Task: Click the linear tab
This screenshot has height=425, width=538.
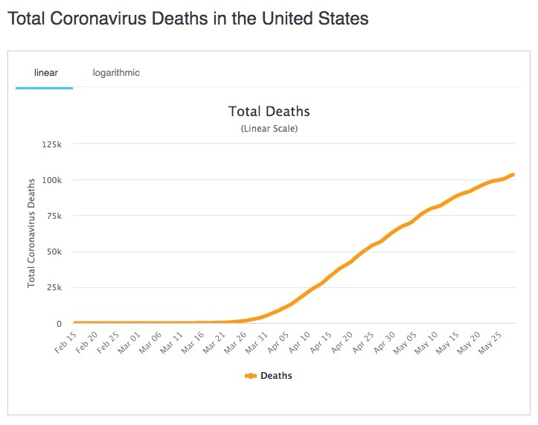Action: point(45,73)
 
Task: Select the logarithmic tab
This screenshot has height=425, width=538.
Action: point(116,73)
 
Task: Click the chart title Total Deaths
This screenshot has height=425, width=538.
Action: point(269,112)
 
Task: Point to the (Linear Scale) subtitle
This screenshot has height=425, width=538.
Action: point(269,129)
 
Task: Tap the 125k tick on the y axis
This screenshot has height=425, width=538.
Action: point(51,144)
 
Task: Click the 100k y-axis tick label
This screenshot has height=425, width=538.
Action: point(51,180)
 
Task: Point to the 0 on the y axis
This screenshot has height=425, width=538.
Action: point(59,324)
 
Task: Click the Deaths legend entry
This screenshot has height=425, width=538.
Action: point(269,376)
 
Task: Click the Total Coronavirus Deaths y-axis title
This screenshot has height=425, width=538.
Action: point(32,233)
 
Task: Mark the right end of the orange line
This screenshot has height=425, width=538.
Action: point(513,175)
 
